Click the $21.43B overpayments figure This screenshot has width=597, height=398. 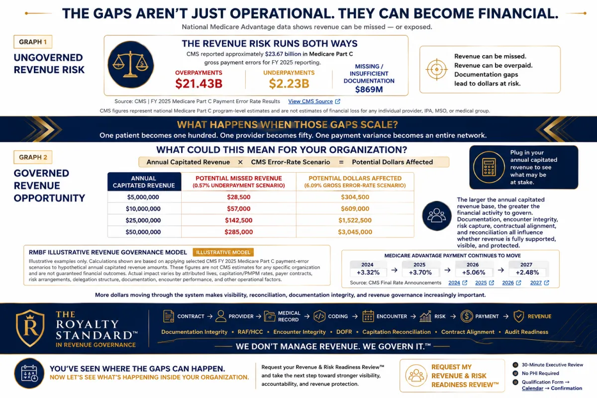point(199,84)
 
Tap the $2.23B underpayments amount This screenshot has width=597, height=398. point(289,84)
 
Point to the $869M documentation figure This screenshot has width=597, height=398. point(369,90)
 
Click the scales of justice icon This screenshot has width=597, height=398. point(130,65)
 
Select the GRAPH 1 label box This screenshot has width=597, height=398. point(33,42)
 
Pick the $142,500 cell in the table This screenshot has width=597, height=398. point(238,220)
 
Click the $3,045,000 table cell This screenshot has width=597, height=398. point(355,232)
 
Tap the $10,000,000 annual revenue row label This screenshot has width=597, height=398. point(143,209)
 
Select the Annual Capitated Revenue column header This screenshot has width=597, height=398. point(144,182)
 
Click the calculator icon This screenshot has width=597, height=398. point(489,167)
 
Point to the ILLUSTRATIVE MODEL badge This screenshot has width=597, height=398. point(223,252)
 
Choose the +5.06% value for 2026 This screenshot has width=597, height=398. point(473,273)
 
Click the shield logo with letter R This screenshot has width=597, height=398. point(30,328)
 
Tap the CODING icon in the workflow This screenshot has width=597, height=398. point(319,316)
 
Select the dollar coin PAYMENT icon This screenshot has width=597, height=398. point(467,316)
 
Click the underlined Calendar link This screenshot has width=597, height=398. point(532,389)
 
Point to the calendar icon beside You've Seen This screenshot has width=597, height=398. point(29,373)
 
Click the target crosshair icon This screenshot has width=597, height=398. point(437,69)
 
